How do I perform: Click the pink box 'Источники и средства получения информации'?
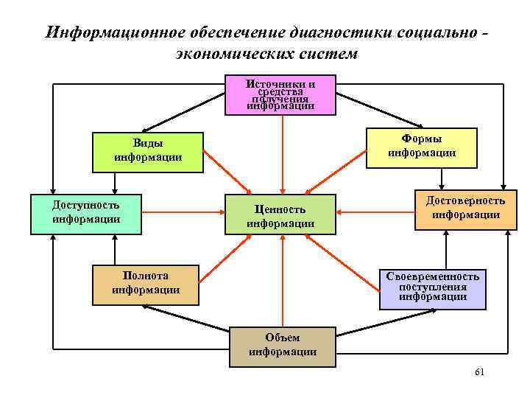[x=280, y=94]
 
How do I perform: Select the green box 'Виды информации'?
[x=148, y=152]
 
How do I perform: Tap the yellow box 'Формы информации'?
[x=422, y=146]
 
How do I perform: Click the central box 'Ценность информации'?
[x=280, y=215]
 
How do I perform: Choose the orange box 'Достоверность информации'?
[x=465, y=209]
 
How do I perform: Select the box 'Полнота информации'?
[x=146, y=284]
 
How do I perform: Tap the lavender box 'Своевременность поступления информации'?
[x=433, y=287]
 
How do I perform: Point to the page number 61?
[x=479, y=372]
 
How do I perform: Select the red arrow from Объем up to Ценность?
[x=282, y=280]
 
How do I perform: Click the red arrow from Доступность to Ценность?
[x=184, y=214]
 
